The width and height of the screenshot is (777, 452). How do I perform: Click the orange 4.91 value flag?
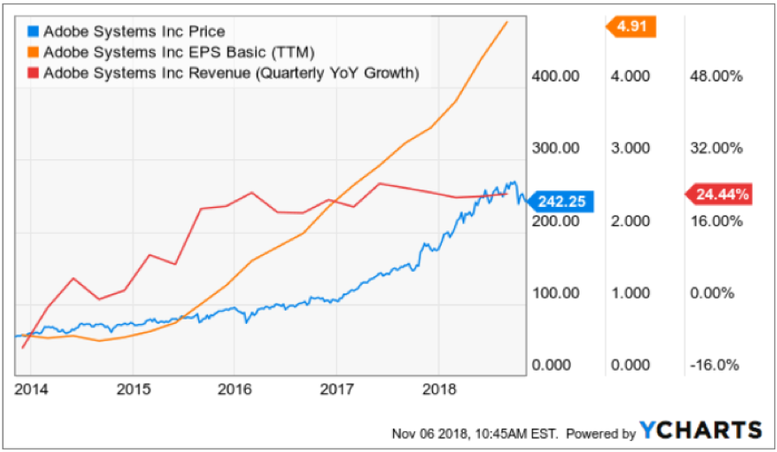(631, 27)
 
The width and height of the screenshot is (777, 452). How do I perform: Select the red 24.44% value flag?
(719, 195)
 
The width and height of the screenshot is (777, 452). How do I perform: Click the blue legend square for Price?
(34, 32)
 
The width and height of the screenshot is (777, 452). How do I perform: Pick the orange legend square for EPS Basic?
(34, 53)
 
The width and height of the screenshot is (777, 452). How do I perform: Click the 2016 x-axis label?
(233, 389)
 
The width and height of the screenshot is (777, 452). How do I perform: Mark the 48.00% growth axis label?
(715, 76)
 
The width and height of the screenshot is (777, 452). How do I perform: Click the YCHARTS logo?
(701, 429)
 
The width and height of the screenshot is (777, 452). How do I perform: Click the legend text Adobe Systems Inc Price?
(133, 32)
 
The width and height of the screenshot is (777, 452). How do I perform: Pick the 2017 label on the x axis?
(335, 389)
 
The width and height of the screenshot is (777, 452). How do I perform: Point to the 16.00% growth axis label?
(715, 221)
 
